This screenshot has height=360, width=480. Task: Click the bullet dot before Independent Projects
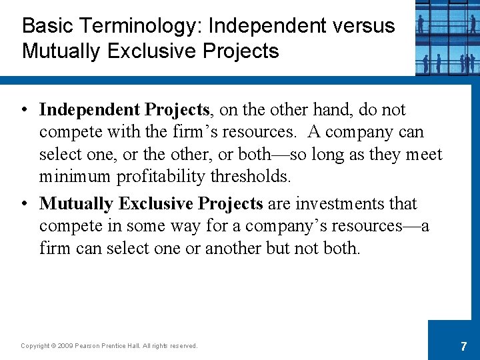(25, 109)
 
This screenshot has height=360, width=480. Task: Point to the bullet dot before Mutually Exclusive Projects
(25, 203)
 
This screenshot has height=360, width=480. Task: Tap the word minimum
(75, 177)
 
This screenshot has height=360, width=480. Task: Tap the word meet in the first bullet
(423, 155)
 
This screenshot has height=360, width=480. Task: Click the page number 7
(463, 347)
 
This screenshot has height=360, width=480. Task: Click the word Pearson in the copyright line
(89, 346)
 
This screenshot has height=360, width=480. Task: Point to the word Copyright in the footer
(35, 346)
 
